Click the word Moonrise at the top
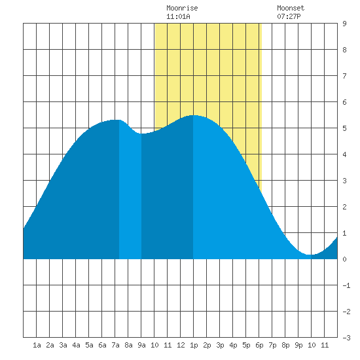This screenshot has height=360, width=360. [x=182, y=8]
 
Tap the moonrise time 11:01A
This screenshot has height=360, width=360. [x=179, y=16]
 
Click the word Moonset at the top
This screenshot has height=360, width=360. [x=291, y=8]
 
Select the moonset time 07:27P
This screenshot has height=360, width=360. [x=289, y=16]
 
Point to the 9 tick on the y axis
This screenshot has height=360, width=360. [x=344, y=24]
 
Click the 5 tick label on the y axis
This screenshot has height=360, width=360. [x=344, y=128]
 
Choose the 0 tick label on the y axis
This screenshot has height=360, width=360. [x=344, y=259]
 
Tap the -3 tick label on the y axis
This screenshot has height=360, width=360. [x=346, y=338]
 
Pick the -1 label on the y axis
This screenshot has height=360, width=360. [x=346, y=285]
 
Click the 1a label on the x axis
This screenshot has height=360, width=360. [x=37, y=345]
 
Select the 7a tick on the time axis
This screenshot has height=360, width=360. [x=115, y=345]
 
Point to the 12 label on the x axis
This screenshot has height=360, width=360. [x=181, y=345]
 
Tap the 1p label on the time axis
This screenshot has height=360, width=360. [x=194, y=345]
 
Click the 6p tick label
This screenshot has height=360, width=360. [x=259, y=345]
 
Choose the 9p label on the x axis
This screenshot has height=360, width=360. [x=298, y=345]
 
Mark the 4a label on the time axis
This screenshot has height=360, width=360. [x=76, y=345]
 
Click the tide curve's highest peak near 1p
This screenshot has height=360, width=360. [x=193, y=115]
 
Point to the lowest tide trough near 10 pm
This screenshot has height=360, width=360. [x=311, y=255]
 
